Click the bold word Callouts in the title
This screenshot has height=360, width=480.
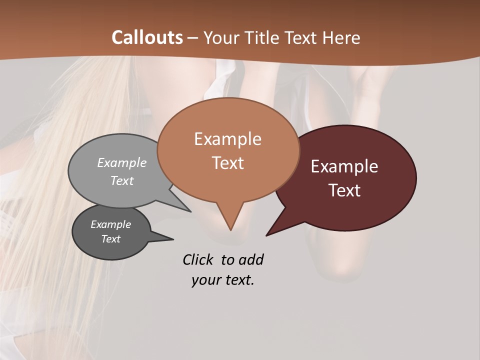point(147,37)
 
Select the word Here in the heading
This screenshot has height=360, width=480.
point(341,37)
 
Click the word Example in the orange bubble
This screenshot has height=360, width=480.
point(227,139)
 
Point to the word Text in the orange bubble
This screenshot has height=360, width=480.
point(227,163)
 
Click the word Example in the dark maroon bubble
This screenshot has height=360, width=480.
point(344,166)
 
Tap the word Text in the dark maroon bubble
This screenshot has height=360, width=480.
point(344,190)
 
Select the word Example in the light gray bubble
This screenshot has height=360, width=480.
point(122,162)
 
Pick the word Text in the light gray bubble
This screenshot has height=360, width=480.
point(122,180)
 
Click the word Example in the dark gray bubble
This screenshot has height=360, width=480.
point(110,224)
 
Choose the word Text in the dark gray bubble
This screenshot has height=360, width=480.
point(110,239)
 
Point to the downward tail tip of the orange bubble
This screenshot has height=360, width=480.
point(230,230)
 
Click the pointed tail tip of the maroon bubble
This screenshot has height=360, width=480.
point(266,235)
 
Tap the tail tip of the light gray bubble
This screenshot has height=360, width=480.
point(190,211)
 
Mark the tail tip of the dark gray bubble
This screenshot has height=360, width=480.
point(173,239)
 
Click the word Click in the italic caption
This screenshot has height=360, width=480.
point(198,259)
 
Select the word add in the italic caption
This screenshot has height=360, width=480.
point(250,259)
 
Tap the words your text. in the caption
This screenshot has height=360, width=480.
point(223,280)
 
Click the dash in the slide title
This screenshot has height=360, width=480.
point(193,38)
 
